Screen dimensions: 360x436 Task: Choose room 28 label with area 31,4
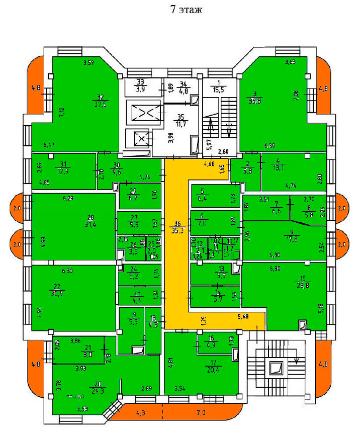coord(91,221)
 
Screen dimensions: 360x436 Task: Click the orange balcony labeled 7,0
coord(201,413)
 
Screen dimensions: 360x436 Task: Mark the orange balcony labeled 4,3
coord(140,413)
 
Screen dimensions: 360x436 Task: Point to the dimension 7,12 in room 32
coord(62,113)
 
